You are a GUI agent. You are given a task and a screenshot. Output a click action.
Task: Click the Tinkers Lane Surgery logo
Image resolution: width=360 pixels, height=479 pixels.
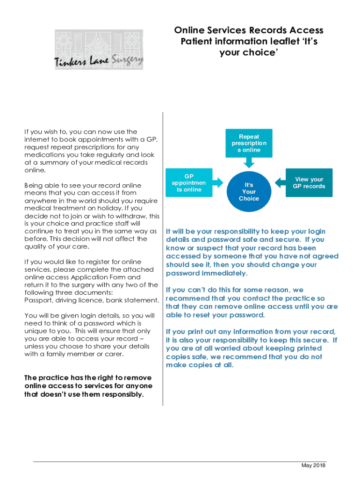click(x=99, y=50)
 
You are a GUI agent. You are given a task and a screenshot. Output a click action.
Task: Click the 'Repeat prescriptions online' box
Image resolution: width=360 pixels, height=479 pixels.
click(x=249, y=143)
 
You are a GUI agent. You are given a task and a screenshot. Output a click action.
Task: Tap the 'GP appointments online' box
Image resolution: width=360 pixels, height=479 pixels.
click(x=186, y=182)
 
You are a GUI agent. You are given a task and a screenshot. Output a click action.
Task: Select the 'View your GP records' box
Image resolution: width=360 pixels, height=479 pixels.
click(x=309, y=182)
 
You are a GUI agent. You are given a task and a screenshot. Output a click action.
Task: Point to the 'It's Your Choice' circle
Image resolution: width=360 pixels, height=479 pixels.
click(x=249, y=192)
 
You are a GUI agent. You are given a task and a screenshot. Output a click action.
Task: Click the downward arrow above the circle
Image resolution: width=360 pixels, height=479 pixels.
click(x=249, y=162)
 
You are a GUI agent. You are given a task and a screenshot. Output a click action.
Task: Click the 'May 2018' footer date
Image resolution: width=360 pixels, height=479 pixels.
click(x=313, y=465)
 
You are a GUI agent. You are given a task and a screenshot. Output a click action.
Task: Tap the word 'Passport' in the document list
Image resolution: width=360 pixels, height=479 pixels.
click(x=39, y=300)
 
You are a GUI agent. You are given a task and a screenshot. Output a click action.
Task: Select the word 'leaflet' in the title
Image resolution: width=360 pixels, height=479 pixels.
click(x=276, y=42)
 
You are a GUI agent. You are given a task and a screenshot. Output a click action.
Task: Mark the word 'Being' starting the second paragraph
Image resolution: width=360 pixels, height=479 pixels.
click(x=34, y=186)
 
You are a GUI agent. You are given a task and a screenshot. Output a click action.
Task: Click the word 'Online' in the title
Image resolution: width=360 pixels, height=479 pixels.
click(x=189, y=30)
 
